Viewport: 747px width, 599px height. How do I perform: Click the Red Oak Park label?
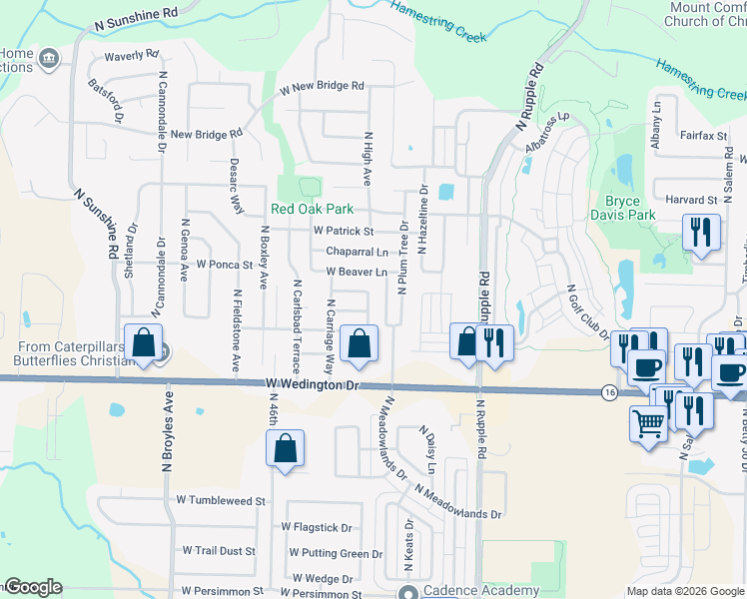click(x=313, y=210)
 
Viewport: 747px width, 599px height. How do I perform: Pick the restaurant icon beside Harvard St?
click(x=701, y=234)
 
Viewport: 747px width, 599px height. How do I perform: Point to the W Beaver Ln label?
click(x=357, y=272)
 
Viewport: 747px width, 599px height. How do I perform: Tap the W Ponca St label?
click(x=225, y=265)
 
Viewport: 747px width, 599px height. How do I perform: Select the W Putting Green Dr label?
click(x=336, y=553)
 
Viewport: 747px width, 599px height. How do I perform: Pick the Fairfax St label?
click(x=702, y=135)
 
